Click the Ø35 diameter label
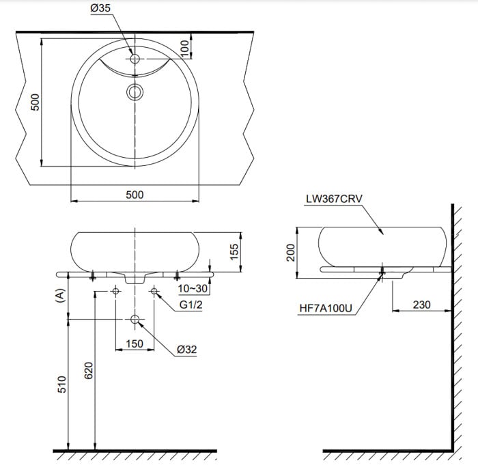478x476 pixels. point(100,8)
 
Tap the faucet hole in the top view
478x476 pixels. point(135,59)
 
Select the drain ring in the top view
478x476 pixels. point(135,92)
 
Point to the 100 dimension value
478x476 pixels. point(184,48)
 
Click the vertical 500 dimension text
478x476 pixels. point(36,102)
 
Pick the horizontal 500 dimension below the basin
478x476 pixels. point(135,195)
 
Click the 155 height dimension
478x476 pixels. point(234,251)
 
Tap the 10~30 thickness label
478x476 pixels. point(193,288)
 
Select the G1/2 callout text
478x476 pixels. point(191,305)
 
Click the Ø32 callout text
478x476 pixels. point(187,350)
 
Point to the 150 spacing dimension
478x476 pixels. point(135,344)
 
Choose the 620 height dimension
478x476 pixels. point(88,371)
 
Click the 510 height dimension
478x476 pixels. point(62,384)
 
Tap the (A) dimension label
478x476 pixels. point(60,296)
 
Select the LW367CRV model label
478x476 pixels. point(334,199)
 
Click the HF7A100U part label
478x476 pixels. point(326,308)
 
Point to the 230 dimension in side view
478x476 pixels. point(422,305)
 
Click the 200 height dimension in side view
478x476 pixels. point(291,253)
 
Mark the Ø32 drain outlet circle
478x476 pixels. point(135,319)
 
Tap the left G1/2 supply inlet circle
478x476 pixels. point(115,291)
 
